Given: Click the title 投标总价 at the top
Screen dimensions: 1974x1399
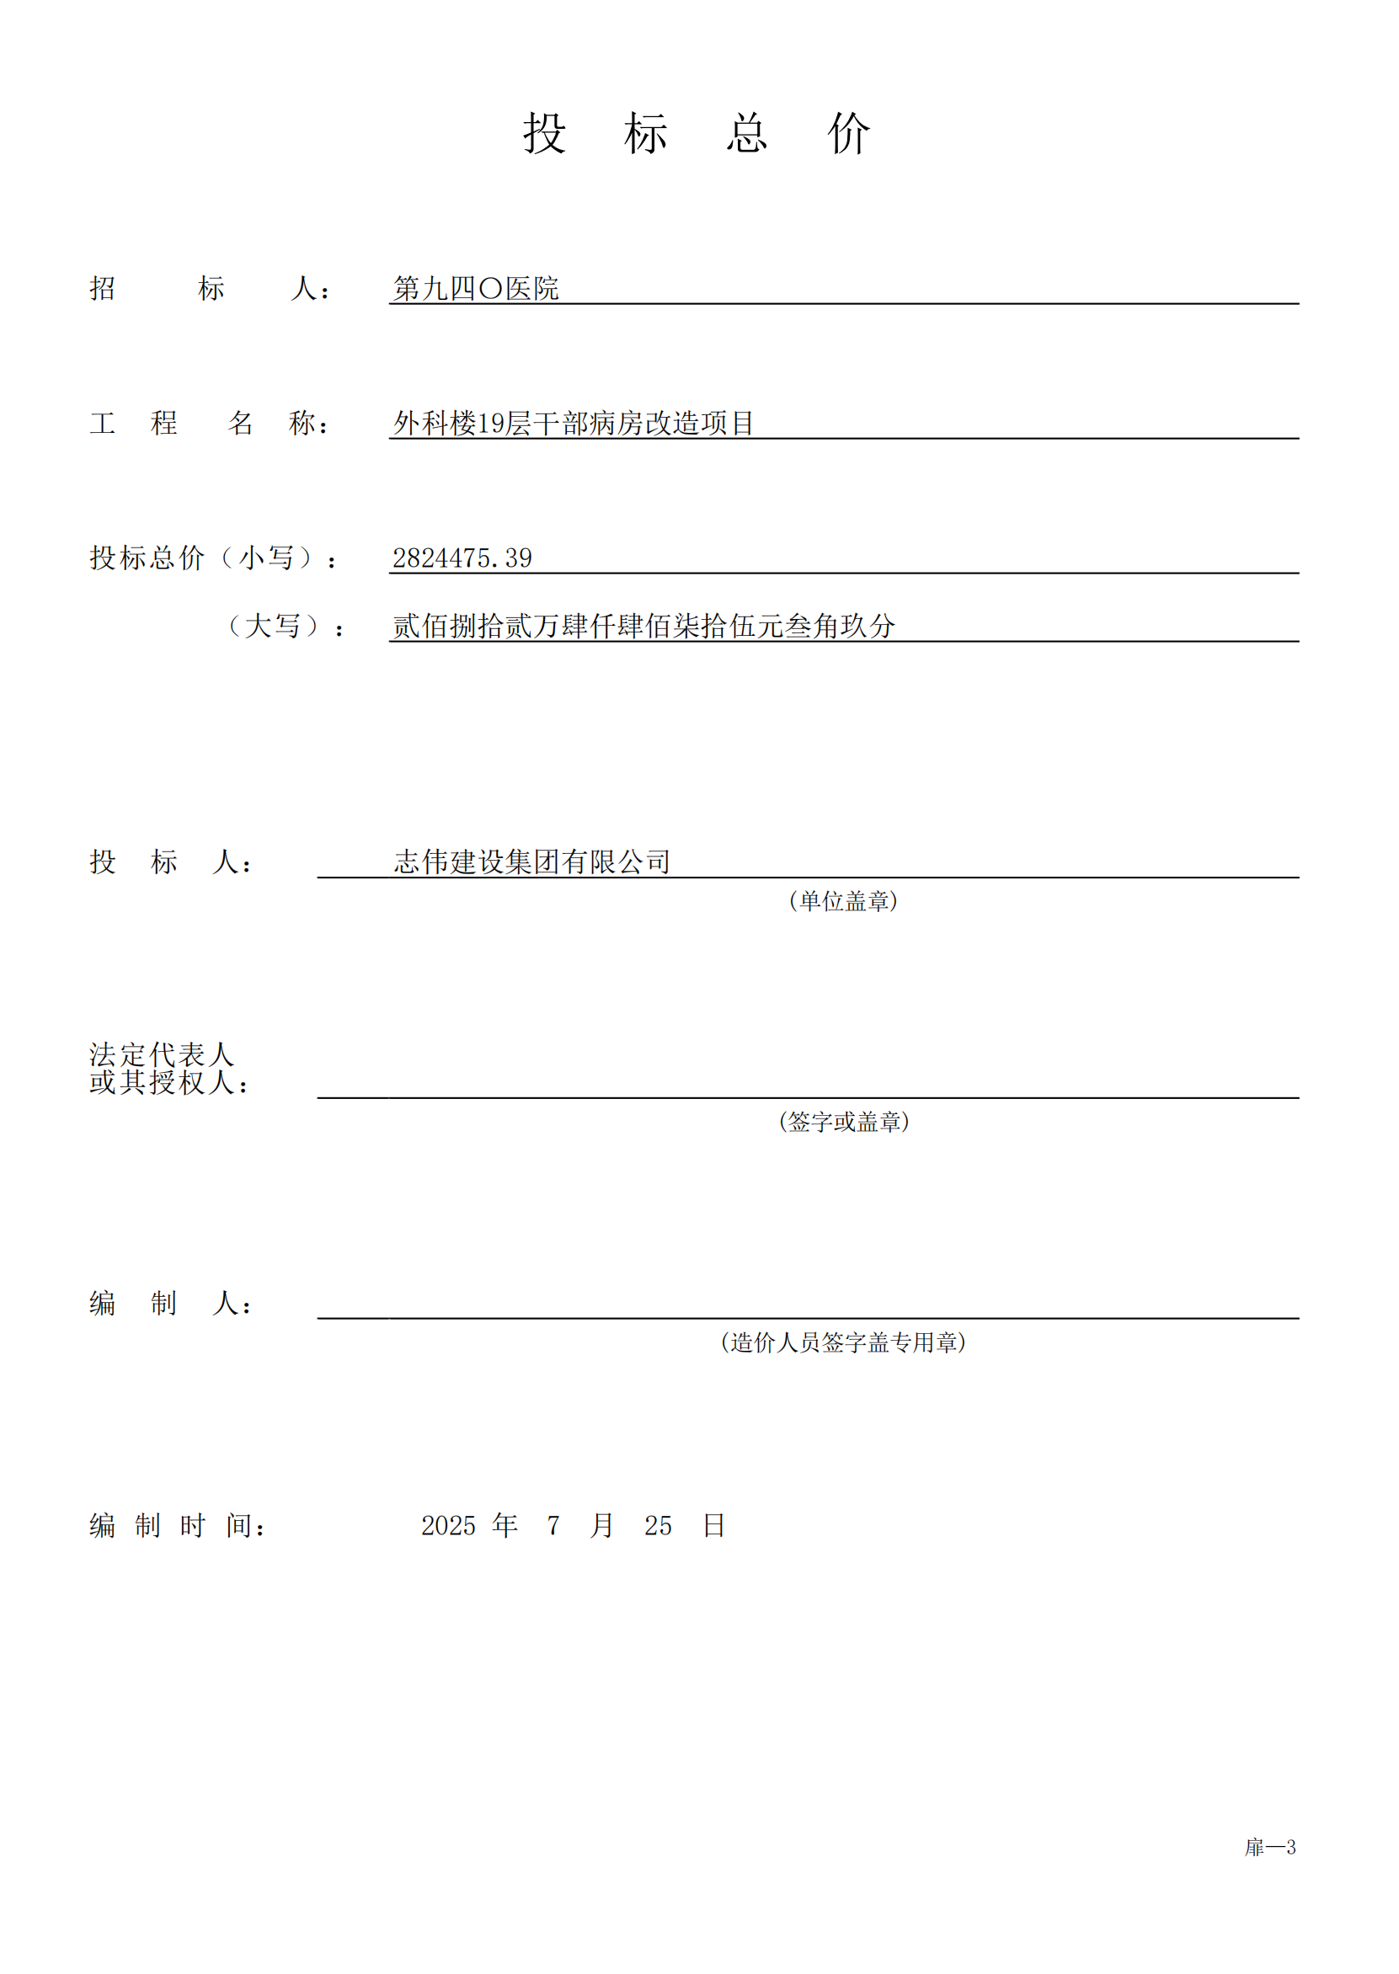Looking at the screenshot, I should point(697,134).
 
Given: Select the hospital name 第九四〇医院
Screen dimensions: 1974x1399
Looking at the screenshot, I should point(476,289).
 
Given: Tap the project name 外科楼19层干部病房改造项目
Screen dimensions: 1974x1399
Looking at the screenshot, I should point(574,423).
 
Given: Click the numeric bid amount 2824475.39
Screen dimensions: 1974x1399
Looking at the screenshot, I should point(462,558).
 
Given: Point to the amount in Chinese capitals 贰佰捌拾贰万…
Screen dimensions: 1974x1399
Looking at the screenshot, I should point(643,626).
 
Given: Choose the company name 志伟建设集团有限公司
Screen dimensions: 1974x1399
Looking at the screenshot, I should point(531,862).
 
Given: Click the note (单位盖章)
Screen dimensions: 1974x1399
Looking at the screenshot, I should point(842,901).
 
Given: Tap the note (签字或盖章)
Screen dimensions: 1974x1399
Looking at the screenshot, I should point(843,1122).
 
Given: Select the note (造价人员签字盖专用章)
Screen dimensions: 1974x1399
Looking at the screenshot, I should point(842,1342).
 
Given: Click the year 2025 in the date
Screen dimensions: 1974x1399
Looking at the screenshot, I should point(448,1526).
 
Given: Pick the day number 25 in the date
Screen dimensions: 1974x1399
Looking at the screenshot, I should point(658,1526).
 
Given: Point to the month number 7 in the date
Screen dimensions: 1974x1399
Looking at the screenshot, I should point(553,1526).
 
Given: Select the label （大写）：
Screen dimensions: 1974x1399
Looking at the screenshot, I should point(285,626).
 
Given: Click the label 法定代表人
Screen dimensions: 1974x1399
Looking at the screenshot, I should point(161,1054).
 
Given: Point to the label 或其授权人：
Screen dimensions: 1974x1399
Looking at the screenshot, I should point(168,1083).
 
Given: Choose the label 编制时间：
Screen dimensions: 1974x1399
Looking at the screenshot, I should point(178,1526).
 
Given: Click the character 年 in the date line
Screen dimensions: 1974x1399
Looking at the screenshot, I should point(505,1525).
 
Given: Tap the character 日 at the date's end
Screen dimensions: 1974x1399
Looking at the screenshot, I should point(713,1525).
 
